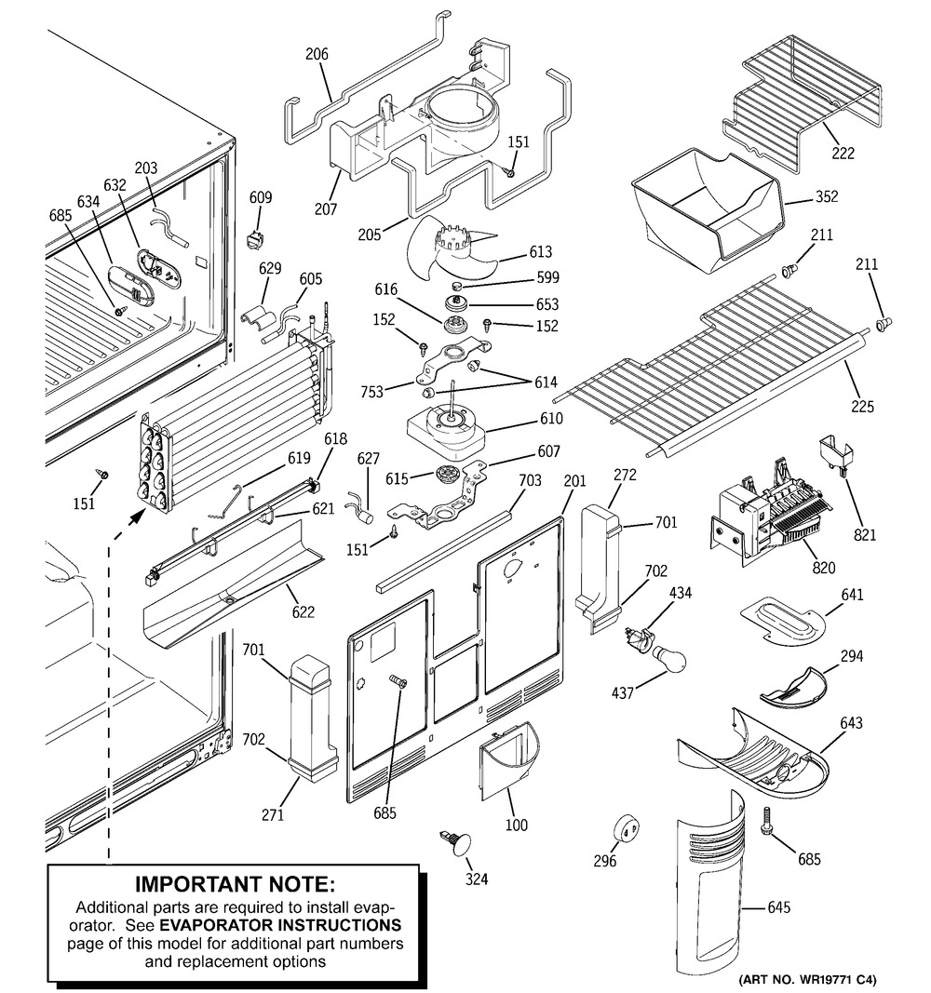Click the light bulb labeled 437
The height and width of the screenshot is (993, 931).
coord(668,659)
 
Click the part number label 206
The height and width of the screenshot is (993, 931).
coord(317,55)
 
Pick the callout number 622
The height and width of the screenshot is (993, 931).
coord(304,611)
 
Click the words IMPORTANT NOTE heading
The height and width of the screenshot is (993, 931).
coord(235,884)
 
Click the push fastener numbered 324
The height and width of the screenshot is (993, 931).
coord(456,843)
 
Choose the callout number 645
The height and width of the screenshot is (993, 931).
coord(778,907)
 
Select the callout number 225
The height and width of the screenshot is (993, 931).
coord(863,406)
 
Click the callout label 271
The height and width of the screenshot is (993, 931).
coord(273,814)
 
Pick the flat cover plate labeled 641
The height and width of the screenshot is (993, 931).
coord(783,620)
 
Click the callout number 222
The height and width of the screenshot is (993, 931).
coord(843,154)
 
